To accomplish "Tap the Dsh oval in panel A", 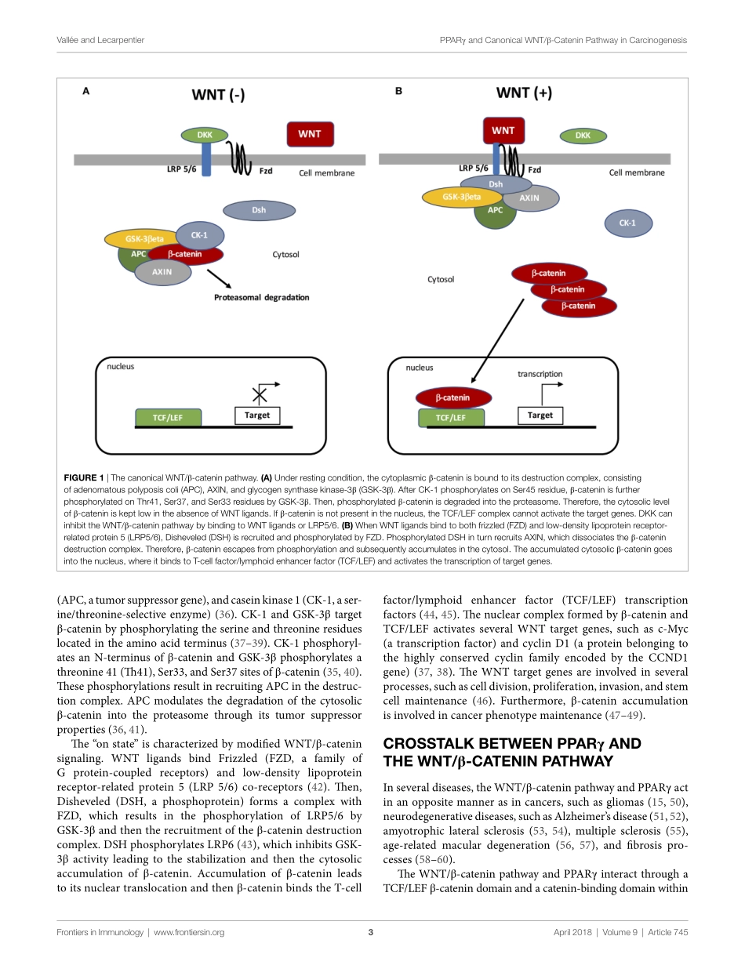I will (259, 210).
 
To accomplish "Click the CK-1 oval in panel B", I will (627, 223).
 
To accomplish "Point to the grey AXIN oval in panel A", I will (162, 271).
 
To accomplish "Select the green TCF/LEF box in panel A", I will (167, 418).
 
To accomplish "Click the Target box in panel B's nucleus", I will (540, 415).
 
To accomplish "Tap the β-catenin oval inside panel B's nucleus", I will (452, 397).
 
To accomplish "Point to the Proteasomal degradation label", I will (262, 298).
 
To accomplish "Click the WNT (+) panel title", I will (524, 93).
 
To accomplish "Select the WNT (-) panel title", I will (219, 96).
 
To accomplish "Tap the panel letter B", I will (398, 91).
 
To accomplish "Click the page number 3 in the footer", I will (371, 932).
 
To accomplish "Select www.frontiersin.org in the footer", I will (189, 932).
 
